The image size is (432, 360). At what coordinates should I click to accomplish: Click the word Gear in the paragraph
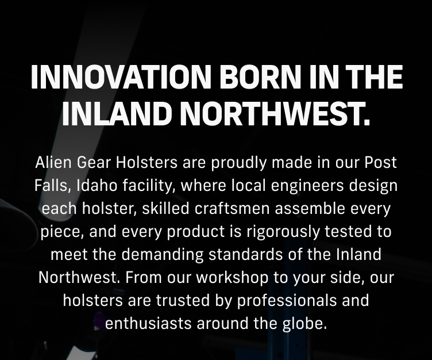(x=97, y=163)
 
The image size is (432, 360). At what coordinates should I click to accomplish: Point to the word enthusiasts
(x=147, y=323)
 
